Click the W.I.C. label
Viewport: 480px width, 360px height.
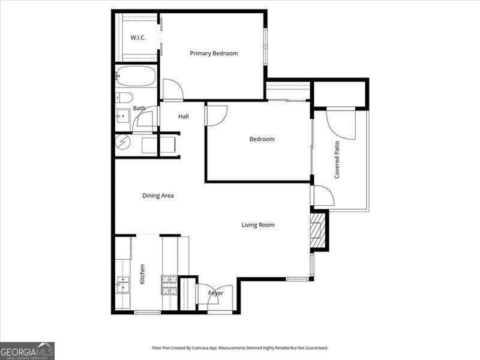138,38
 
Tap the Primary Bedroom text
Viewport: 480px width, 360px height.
214,53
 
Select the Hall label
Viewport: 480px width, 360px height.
184,116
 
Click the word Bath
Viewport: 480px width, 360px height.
139,109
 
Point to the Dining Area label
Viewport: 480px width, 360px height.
158,196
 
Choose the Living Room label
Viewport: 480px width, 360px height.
258,225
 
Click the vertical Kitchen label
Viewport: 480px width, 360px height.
143,274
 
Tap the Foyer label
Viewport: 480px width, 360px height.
215,293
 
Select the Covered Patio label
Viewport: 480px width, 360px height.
337,160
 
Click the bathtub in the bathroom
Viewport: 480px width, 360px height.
136,76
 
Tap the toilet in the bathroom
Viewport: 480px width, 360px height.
125,98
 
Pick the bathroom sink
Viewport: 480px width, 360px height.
122,116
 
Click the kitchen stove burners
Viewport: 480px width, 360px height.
169,284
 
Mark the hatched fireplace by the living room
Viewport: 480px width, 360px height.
317,230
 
